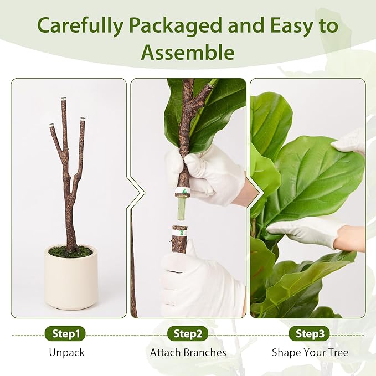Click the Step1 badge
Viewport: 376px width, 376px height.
[65, 333]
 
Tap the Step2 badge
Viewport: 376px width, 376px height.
[188, 333]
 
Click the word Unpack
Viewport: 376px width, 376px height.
[66, 352]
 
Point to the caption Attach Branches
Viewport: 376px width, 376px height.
[188, 352]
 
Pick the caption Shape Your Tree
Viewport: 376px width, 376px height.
[310, 352]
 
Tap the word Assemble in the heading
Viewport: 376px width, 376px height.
[187, 53]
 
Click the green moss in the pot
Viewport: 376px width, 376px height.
[70, 252]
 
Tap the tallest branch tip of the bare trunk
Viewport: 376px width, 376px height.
[63, 100]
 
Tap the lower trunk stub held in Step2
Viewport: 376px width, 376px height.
[179, 238]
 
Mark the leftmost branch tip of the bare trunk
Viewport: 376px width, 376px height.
[51, 125]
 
